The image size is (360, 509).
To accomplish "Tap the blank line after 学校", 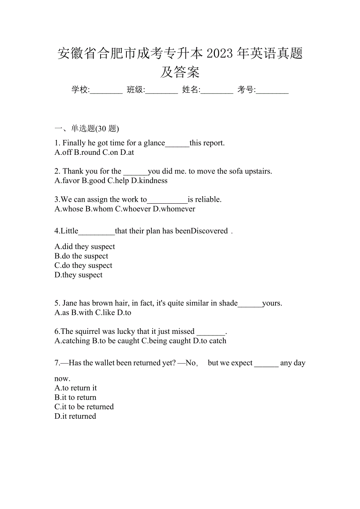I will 106,91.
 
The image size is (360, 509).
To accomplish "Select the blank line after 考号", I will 272,91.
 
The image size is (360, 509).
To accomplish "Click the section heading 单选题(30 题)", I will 95,128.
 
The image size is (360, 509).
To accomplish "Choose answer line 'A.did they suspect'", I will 85,247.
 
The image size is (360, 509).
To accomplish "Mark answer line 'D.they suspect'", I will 79,275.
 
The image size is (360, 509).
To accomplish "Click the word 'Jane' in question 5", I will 70,303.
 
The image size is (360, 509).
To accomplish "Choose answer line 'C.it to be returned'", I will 84,407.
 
